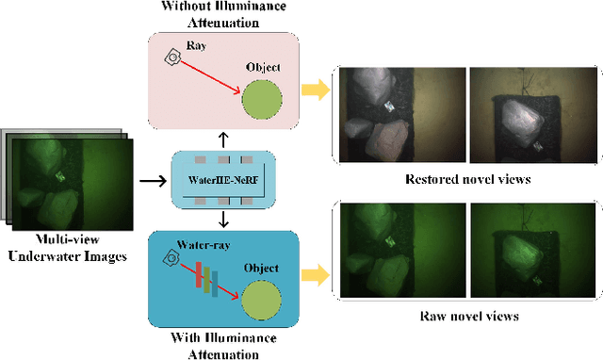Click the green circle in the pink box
click(262, 97)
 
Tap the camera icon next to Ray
click(172, 57)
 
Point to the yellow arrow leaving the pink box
click(316, 91)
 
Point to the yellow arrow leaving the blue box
click(316, 275)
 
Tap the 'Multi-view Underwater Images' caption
click(68, 248)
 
